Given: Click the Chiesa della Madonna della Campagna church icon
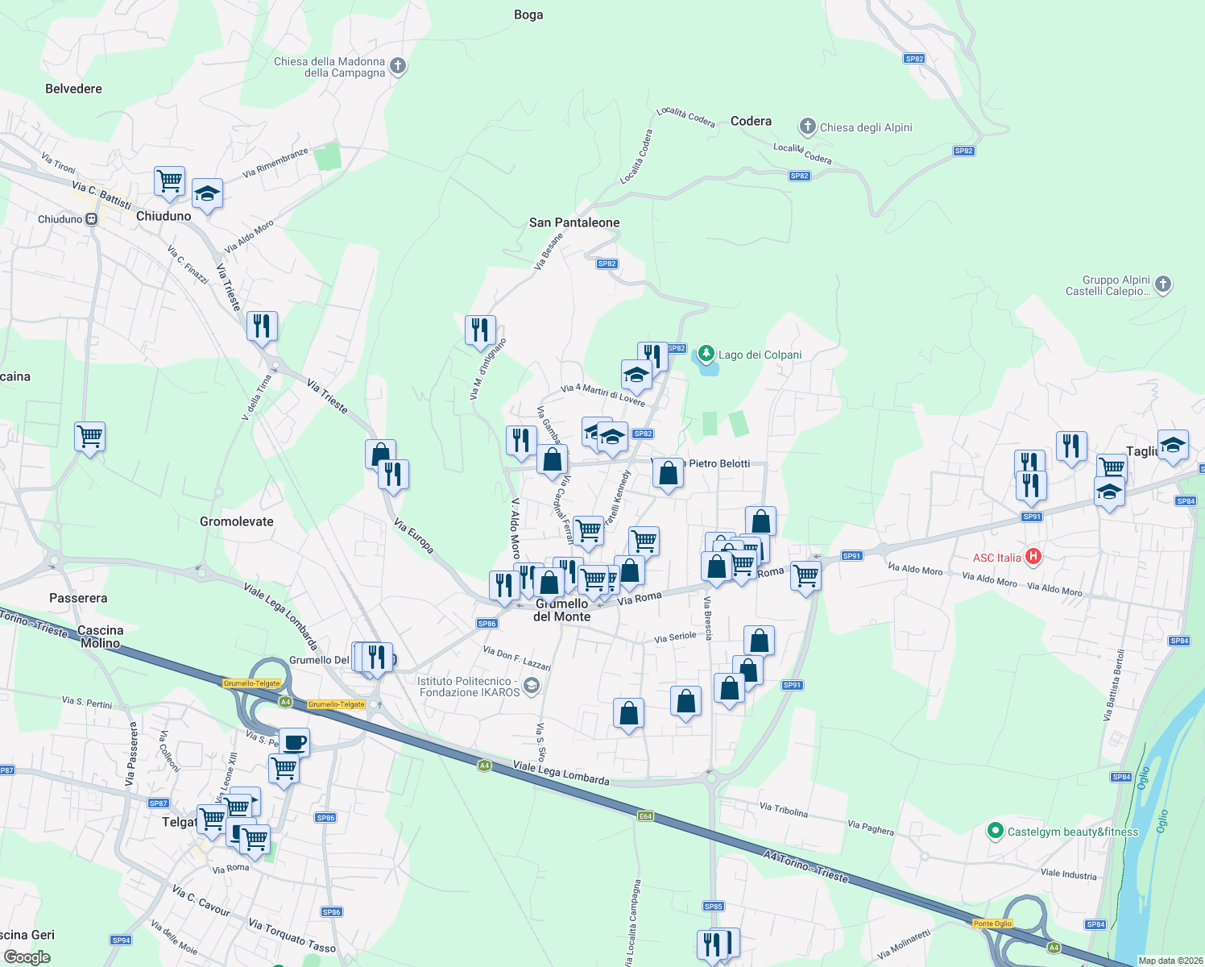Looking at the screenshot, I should tap(397, 66).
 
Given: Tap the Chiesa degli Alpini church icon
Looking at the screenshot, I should tap(807, 127).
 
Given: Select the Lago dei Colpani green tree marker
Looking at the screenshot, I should tap(706, 354).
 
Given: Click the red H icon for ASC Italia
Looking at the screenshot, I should tap(1033, 557).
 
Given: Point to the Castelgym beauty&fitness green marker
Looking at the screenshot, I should tap(995, 831).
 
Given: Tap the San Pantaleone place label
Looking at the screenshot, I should tap(574, 222).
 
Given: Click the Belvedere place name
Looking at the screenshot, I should tap(73, 89).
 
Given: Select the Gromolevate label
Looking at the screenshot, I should tap(237, 521).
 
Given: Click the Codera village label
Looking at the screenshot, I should tap(751, 121).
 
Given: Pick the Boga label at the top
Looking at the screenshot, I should tap(528, 15).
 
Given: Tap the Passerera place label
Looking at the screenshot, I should tap(78, 598).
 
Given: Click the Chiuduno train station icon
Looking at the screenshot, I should tap(92, 218).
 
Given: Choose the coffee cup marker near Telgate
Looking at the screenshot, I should tap(294, 741).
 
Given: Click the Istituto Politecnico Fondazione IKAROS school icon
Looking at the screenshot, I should tap(531, 686).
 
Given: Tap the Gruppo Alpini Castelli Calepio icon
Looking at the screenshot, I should tap(1162, 283).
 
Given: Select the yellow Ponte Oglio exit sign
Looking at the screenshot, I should tap(992, 923).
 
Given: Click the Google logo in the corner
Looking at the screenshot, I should tap(27, 957).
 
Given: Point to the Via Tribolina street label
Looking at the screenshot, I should tap(783, 809).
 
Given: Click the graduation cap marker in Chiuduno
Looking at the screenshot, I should tap(207, 193).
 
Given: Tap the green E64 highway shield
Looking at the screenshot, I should tap(645, 816).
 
